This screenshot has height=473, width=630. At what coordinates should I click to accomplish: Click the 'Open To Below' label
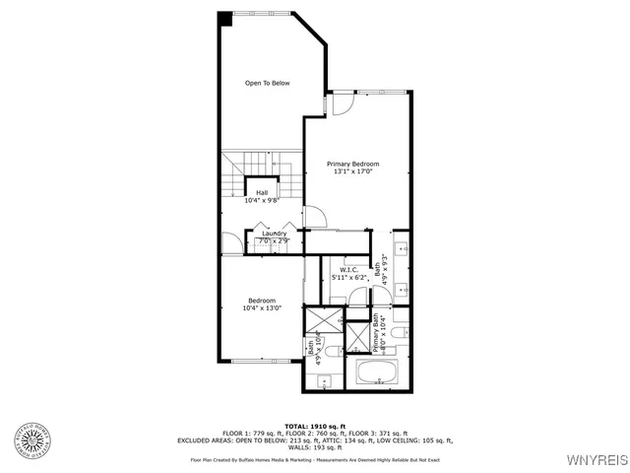click(x=268, y=83)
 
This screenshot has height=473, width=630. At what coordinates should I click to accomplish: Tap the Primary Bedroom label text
click(x=353, y=168)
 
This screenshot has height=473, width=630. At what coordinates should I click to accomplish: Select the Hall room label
click(x=262, y=196)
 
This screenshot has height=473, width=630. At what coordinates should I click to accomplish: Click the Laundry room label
click(x=274, y=236)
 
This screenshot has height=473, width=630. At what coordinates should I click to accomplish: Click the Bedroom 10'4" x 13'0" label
click(x=262, y=304)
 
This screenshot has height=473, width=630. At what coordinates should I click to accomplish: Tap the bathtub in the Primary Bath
click(x=376, y=372)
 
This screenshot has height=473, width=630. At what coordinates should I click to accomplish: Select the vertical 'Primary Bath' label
click(x=377, y=335)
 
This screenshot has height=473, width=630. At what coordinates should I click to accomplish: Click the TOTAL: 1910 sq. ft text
click(x=314, y=425)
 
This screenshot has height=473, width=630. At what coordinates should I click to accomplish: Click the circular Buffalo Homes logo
click(x=31, y=440)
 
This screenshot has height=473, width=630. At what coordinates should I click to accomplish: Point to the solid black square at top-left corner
click(x=224, y=18)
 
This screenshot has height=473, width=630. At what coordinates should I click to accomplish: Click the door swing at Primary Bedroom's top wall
click(x=342, y=103)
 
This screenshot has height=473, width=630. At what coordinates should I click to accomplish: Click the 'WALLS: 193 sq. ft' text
click(x=314, y=448)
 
